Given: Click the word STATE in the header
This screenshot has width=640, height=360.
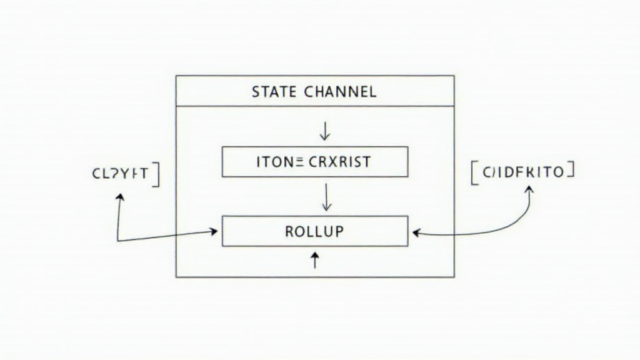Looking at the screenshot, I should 275,92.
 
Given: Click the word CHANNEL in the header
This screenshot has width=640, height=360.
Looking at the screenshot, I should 340,92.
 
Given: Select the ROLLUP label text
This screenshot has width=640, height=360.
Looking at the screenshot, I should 314,231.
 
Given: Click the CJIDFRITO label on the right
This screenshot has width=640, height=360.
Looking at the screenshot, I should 522,172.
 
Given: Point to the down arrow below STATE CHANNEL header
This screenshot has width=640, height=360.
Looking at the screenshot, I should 324,131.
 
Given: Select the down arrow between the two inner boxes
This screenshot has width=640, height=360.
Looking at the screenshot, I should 325,199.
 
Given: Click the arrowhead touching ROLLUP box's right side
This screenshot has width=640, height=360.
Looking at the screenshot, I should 416,232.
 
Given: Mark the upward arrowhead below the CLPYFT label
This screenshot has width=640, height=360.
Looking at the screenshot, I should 119,197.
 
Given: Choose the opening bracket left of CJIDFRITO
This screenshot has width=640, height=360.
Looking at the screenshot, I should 473,173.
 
